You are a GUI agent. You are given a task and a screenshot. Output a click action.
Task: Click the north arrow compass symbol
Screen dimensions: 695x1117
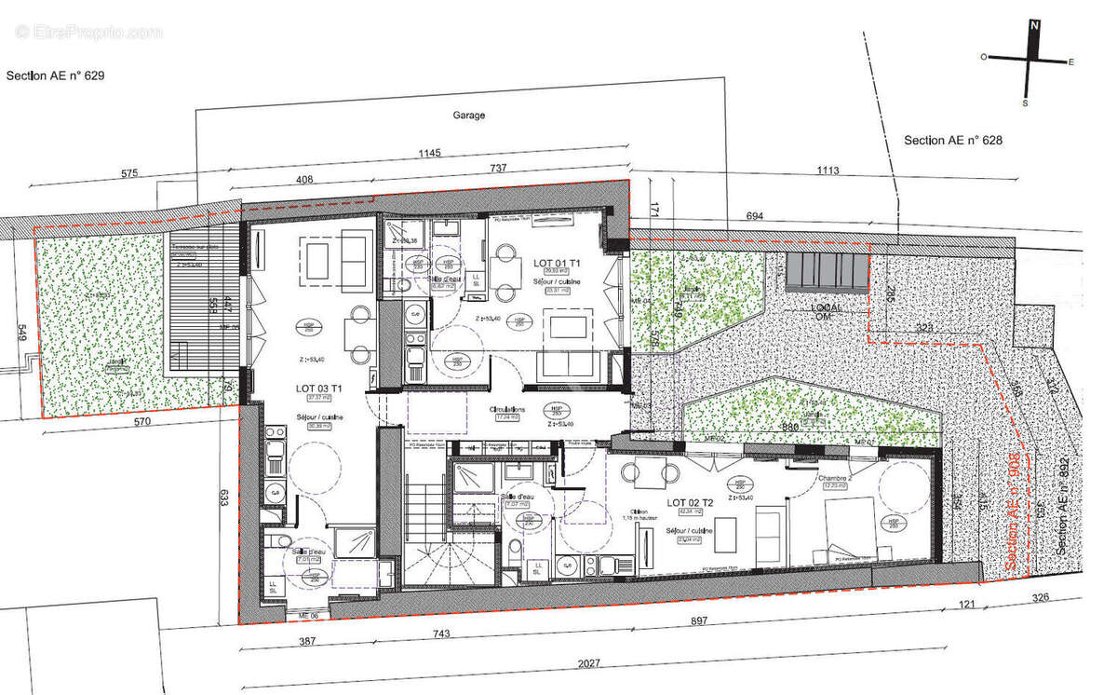pos(1029,61)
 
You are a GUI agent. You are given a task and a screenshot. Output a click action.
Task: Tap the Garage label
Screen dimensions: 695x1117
pos(469,116)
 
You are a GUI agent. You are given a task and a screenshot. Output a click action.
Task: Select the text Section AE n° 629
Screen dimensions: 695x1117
pos(55,76)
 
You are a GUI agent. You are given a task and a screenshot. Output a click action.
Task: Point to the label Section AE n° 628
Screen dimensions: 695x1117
pos(951,141)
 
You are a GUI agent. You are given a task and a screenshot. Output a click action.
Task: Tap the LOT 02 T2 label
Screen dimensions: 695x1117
pos(690,503)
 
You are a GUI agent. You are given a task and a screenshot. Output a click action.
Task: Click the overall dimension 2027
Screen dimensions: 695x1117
pos(589,663)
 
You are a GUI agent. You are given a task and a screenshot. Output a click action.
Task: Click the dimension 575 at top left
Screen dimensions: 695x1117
pos(128,173)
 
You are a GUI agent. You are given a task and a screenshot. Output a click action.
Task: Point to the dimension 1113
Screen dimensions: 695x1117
pos(826,170)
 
